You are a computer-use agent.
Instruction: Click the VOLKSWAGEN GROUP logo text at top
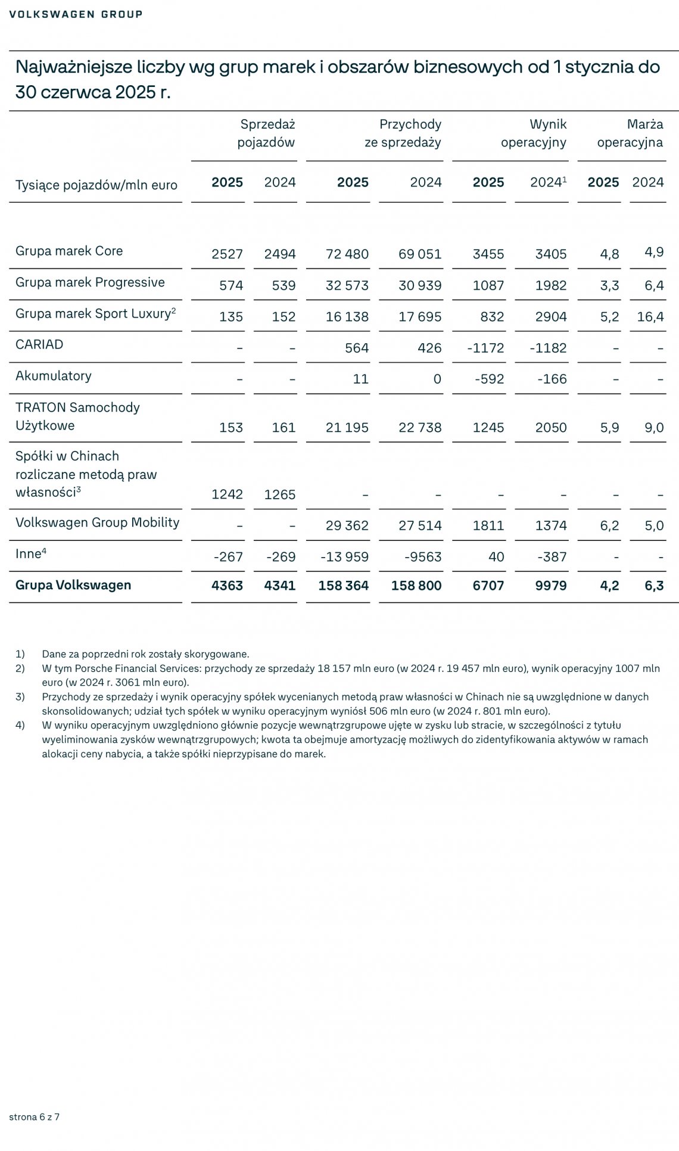tap(76, 14)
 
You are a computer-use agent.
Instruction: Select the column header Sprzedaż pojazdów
tap(266, 133)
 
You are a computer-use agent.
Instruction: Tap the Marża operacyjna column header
tap(630, 133)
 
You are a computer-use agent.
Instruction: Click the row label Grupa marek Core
tap(69, 251)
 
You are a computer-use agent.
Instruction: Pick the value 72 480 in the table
tap(347, 254)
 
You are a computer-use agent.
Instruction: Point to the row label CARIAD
tap(39, 344)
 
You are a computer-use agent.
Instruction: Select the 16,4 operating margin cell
tap(650, 316)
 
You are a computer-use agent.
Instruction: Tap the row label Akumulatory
tap(54, 376)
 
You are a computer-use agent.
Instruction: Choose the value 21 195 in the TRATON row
tap(347, 427)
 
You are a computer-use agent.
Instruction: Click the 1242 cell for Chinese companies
tap(228, 494)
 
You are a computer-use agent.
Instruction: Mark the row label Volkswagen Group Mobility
tap(97, 522)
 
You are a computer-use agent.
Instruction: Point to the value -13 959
tap(345, 557)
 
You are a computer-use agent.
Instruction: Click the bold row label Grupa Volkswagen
tap(73, 585)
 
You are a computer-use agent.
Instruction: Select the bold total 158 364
tap(344, 586)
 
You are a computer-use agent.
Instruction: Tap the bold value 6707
tap(488, 586)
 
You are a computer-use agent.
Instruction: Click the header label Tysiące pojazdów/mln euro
tap(96, 185)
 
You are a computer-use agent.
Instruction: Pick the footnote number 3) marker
tap(20, 696)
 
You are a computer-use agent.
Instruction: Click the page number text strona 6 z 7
tap(35, 1116)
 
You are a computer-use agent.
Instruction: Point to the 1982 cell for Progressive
tap(551, 285)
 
